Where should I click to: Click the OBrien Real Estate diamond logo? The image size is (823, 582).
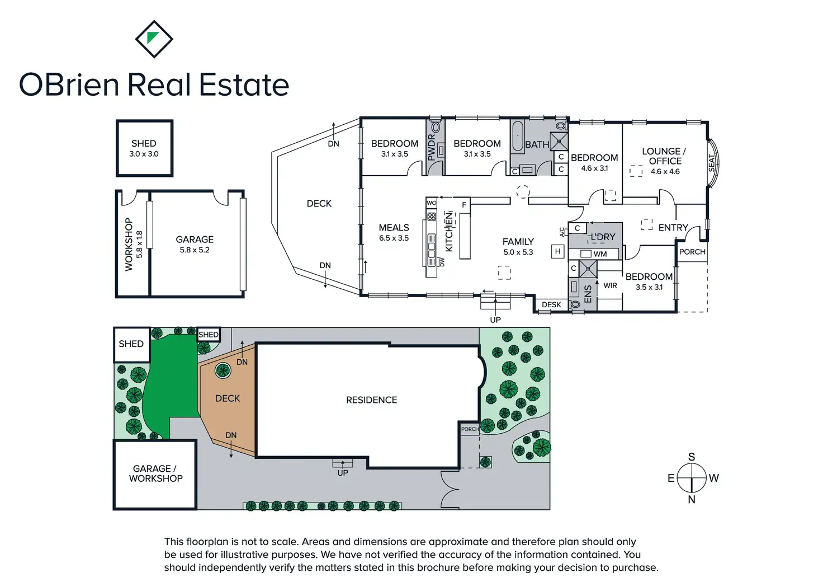[154, 39]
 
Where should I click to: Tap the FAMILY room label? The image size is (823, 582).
[518, 242]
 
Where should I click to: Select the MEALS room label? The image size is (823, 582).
[394, 228]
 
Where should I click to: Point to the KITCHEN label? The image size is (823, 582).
[448, 232]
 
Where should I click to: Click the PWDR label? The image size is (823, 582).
[432, 147]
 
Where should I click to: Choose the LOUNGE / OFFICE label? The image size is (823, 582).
[664, 156]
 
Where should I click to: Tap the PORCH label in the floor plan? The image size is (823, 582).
[692, 252]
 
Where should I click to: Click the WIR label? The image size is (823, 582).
[610, 285]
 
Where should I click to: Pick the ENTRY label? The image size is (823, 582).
[673, 228]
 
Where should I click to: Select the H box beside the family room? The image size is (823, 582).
[557, 252]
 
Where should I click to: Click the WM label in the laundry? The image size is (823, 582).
[600, 254]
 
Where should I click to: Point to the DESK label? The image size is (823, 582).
[551, 305]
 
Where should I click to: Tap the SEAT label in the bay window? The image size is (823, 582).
[712, 162]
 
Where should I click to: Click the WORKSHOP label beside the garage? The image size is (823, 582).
[129, 245]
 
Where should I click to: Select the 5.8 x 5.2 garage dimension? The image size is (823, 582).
[195, 250]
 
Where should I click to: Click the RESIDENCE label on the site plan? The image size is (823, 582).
[371, 400]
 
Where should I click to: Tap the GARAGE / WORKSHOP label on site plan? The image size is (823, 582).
[155, 473]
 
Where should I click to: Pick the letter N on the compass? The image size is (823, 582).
[692, 500]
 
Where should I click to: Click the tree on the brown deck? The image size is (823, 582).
[223, 370]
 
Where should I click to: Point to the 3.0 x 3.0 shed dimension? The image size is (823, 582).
[144, 154]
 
